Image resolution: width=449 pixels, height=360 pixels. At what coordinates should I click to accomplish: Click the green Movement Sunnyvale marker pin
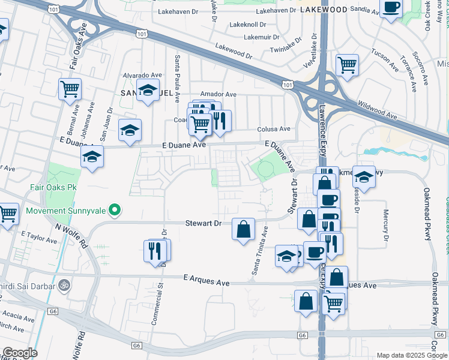[x=116, y=211]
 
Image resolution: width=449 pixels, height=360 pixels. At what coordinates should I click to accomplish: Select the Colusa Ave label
[x=274, y=129]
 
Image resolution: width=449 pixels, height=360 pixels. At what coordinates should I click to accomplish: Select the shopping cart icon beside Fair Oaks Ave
[x=70, y=89]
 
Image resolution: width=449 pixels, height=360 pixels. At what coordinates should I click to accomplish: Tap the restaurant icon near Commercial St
[x=157, y=250]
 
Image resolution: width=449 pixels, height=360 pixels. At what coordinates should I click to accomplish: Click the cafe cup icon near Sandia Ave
[x=391, y=8]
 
